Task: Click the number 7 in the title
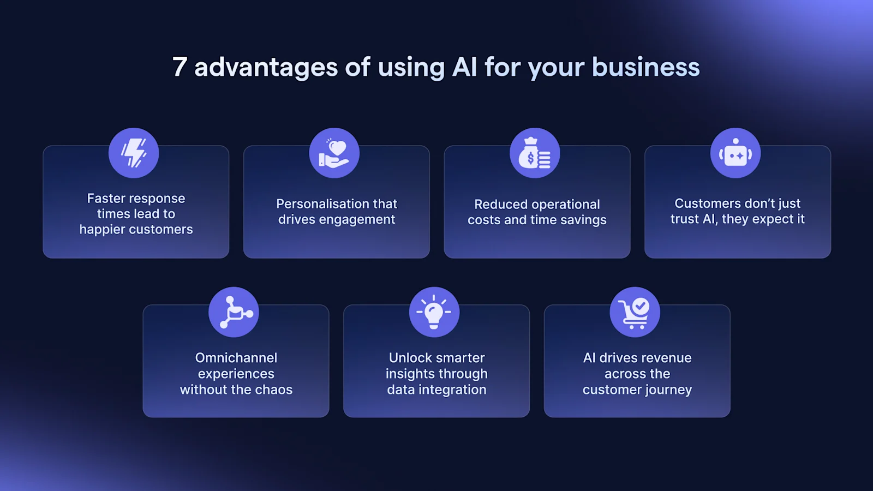coord(180,67)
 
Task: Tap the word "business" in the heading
coord(645,67)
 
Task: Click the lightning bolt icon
coord(134,153)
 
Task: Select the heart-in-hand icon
coord(334,153)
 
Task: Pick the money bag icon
coord(535,153)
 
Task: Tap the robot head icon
coord(736,153)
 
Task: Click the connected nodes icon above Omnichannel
coord(234,312)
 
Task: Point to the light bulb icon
coord(434,312)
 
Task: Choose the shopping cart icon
coord(635,312)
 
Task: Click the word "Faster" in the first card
coord(106,199)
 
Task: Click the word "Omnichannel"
coord(236,358)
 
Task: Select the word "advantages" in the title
coord(266,67)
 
